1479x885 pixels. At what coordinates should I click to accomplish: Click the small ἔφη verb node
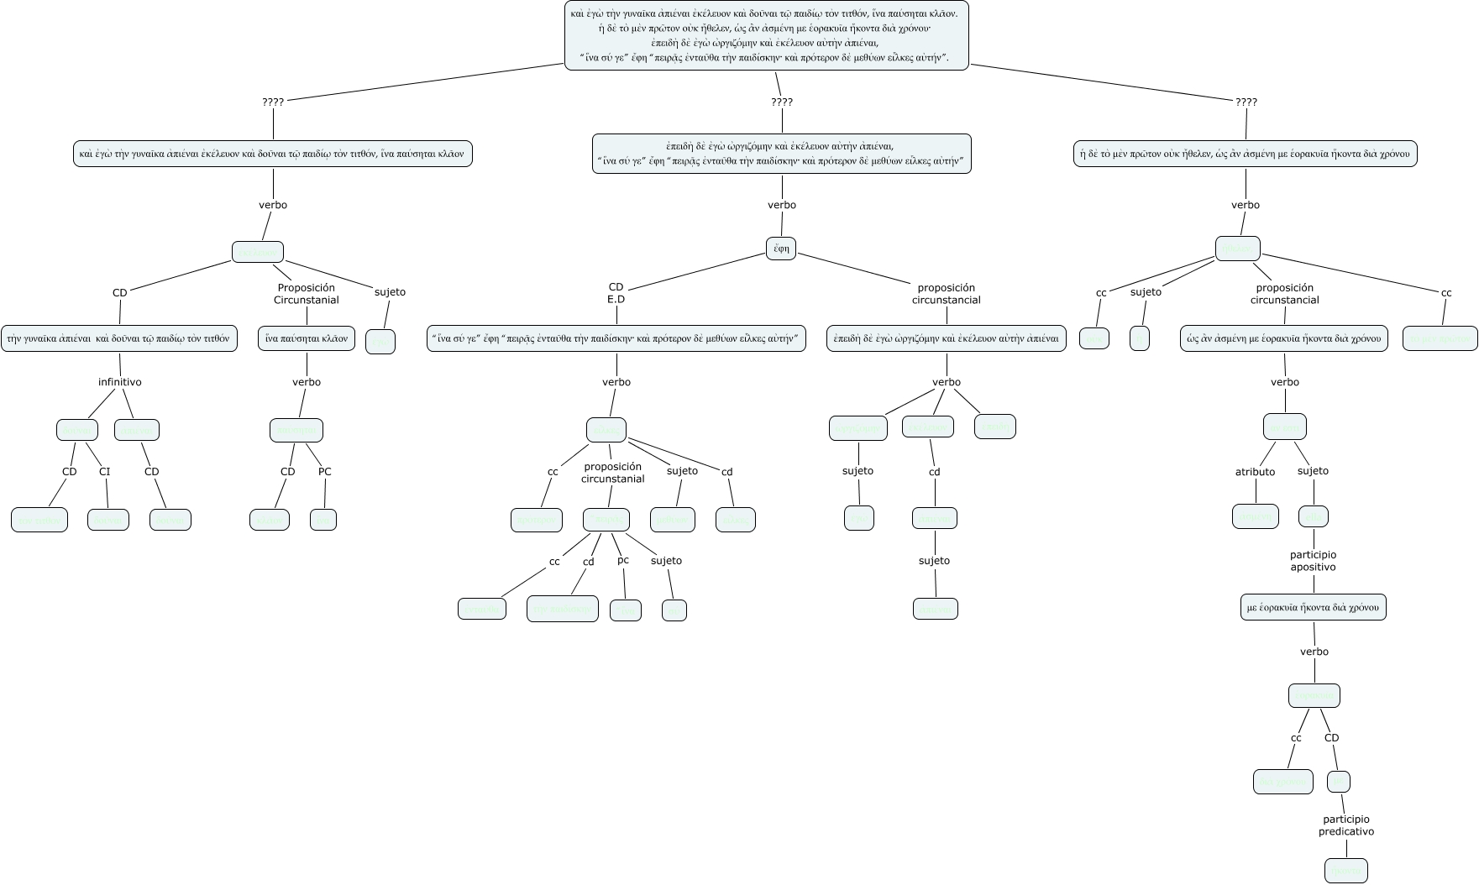pos(781,249)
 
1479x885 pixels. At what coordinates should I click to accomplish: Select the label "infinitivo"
pos(120,382)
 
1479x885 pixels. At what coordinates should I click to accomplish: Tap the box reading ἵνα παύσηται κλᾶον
pos(307,338)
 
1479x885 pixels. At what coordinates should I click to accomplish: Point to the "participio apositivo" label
pos(1313,561)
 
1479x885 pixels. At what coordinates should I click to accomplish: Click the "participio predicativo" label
pos(1346,825)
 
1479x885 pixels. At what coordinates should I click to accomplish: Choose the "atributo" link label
pos(1255,472)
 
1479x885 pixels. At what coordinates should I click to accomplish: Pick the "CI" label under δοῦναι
pos(105,472)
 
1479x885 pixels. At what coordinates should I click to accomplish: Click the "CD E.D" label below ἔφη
pos(616,293)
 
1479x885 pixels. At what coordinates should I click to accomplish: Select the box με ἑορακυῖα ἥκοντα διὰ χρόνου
pos(1314,608)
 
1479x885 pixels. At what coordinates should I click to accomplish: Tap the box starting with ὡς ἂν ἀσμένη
pos(1284,338)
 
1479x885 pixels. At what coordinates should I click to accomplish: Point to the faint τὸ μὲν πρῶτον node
pos(1440,338)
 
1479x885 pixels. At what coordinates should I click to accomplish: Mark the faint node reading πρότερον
pos(537,520)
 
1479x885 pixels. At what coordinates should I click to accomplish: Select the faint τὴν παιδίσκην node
pos(563,609)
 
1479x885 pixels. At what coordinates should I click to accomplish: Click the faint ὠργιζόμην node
pos(858,427)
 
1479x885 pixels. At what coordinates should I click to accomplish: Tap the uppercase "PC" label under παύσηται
pos(325,472)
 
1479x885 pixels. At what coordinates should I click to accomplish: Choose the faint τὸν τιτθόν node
pos(170,520)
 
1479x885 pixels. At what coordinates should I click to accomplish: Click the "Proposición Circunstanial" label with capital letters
pos(307,294)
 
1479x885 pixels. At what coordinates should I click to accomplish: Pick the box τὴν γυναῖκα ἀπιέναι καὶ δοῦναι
pos(118,338)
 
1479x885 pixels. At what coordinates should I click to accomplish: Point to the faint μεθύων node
pos(673,520)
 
